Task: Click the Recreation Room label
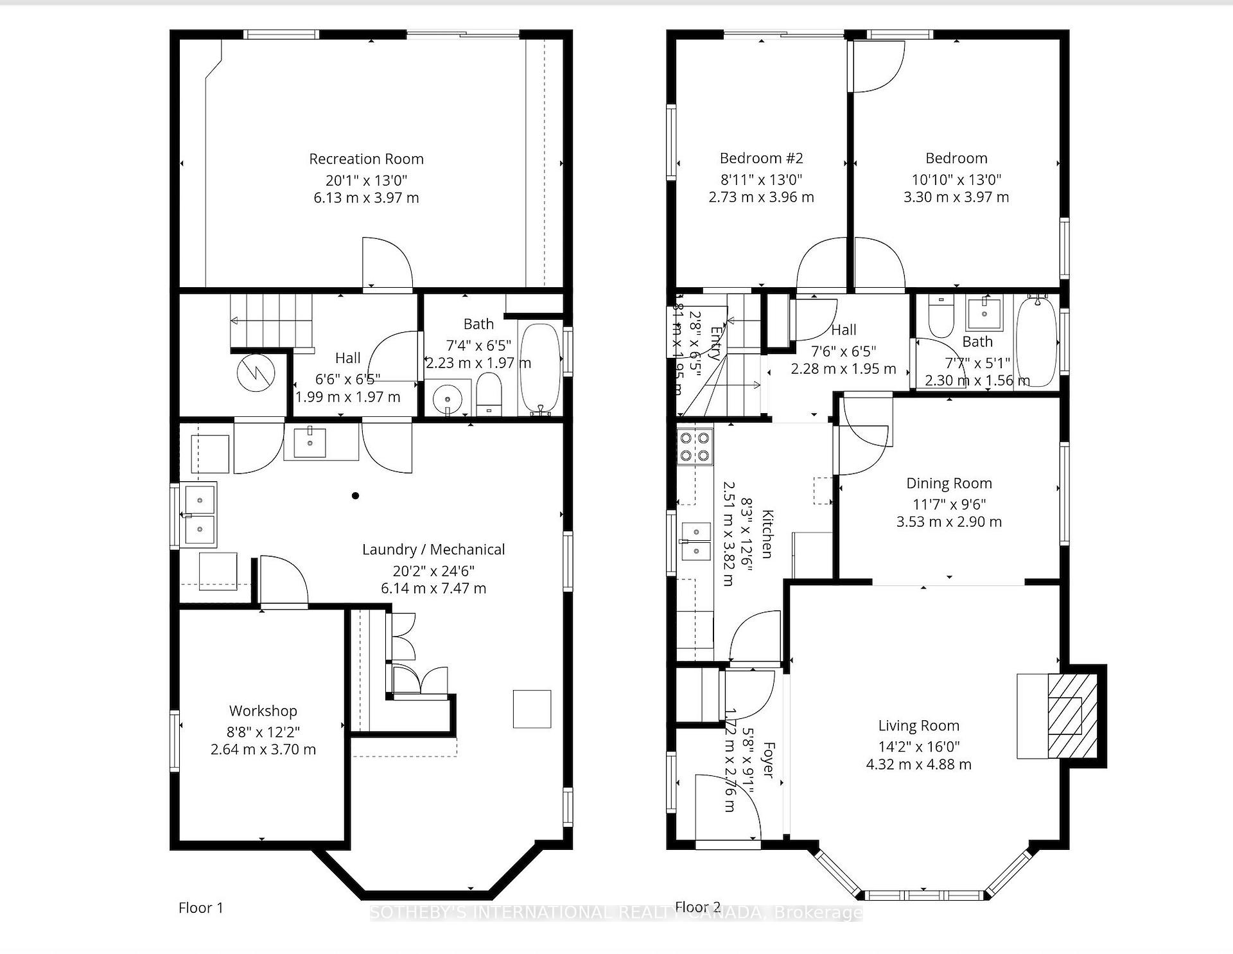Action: coord(366,159)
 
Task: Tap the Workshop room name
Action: coord(263,711)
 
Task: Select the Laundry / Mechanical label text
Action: coord(433,549)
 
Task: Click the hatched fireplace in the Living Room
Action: coord(1071,715)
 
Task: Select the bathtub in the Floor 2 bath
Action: coord(1036,342)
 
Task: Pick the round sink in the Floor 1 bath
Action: coord(446,400)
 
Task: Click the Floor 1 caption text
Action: coord(201,908)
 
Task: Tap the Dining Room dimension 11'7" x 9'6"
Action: coord(949,504)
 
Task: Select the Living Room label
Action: coord(918,725)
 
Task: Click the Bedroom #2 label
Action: coord(761,158)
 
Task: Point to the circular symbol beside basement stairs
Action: coord(256,373)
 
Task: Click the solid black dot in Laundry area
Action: coord(355,495)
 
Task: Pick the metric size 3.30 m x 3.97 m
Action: coord(956,197)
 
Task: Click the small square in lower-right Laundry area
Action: coord(532,709)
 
